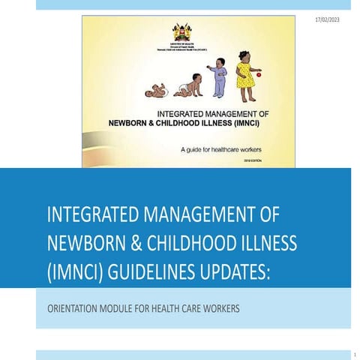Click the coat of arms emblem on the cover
(x=180, y=31)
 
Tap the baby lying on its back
(x=156, y=91)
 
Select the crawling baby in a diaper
(x=187, y=85)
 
